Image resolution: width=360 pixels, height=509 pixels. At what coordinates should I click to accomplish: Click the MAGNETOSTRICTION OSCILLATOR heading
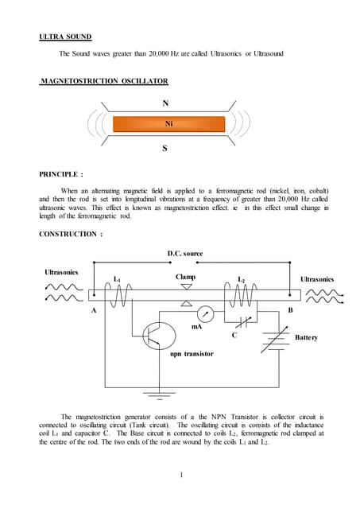point(103,81)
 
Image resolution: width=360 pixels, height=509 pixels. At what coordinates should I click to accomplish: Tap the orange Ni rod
point(168,124)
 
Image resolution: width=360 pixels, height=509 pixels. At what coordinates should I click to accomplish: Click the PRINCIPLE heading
point(61,173)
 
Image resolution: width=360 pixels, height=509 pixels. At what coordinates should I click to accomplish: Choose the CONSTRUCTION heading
point(71,234)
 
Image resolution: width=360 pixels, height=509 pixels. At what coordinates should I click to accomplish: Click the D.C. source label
point(184,254)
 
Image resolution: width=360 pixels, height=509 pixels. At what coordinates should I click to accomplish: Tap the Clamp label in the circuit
point(185,277)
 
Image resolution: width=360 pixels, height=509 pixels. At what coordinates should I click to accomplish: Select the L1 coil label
point(117,279)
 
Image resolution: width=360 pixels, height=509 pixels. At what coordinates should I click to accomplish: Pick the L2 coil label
point(242,280)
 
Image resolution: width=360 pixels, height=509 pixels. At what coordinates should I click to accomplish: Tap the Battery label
point(306,337)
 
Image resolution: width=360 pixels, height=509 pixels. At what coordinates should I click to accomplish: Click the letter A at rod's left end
point(95,310)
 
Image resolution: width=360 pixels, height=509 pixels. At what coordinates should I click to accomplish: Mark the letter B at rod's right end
point(290,309)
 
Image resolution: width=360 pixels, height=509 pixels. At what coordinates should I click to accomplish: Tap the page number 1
point(181,476)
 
